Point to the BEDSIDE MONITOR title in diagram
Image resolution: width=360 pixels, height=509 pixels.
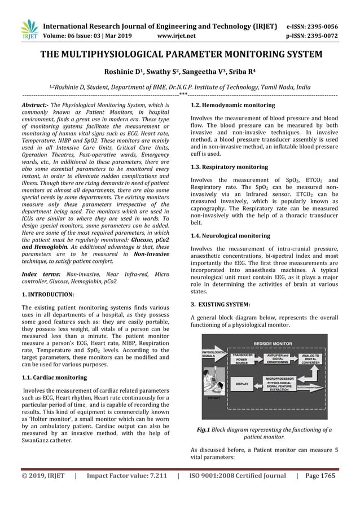tap(273, 343)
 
